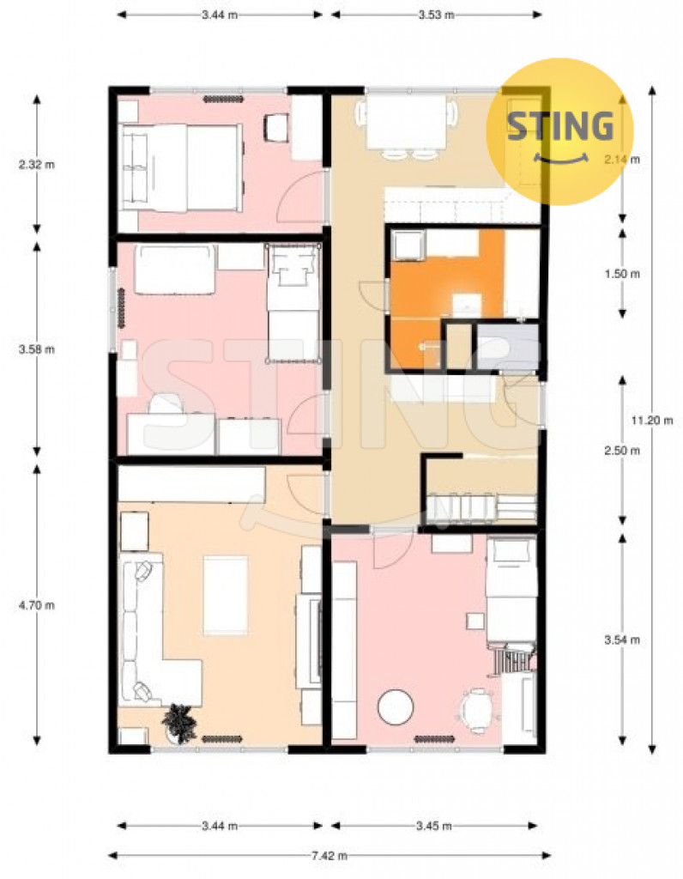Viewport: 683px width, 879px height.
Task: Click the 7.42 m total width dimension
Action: click(x=329, y=856)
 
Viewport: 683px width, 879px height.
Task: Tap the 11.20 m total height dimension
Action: click(x=652, y=420)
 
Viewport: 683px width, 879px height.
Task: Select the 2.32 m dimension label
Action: click(x=37, y=164)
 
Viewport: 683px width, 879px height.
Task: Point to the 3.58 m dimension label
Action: click(x=37, y=349)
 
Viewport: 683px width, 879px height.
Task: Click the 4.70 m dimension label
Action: click(x=37, y=605)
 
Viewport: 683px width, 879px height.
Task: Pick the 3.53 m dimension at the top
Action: click(x=437, y=15)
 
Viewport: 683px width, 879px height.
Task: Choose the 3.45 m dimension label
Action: click(x=434, y=826)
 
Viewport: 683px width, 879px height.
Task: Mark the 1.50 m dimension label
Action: click(x=622, y=274)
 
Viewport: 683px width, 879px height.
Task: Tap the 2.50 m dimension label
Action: click(x=622, y=450)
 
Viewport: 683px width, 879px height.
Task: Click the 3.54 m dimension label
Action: click(x=622, y=640)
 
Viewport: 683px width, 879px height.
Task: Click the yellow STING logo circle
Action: click(x=559, y=131)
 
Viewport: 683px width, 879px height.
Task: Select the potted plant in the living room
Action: click(x=179, y=724)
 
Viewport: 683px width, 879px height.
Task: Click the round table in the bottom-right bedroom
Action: click(x=396, y=707)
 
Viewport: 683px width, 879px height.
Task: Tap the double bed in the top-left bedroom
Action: click(x=182, y=167)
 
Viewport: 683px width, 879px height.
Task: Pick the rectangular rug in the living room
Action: click(x=226, y=596)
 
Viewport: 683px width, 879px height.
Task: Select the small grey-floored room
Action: click(x=507, y=346)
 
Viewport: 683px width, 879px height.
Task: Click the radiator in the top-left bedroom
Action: click(x=223, y=100)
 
